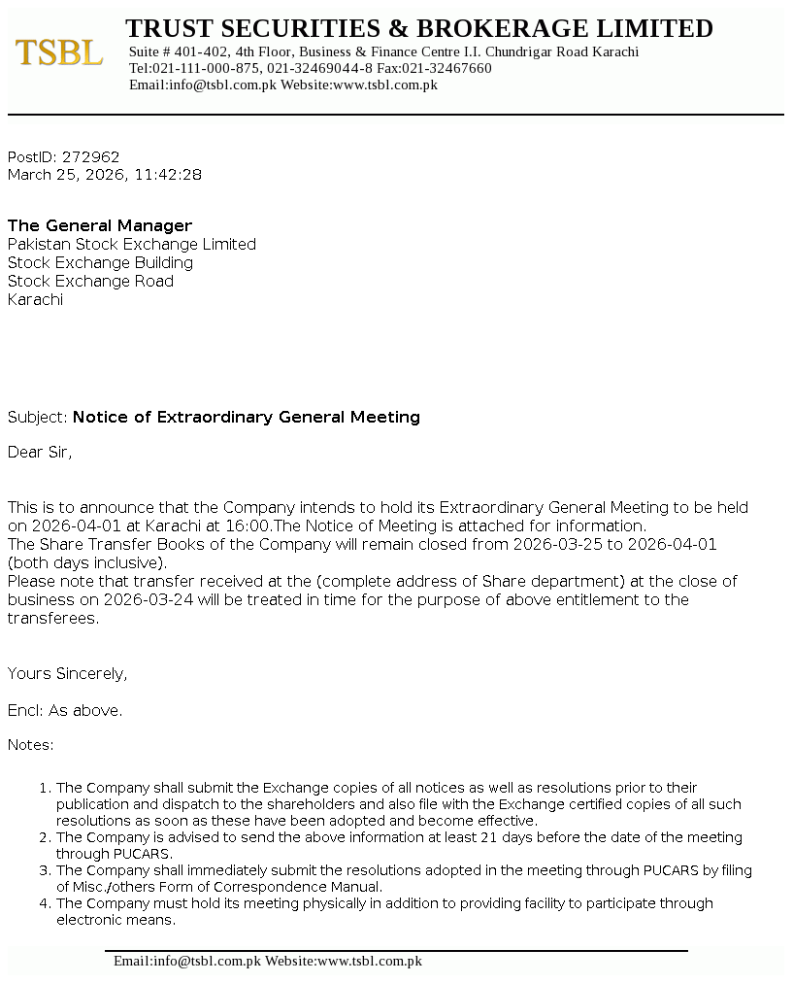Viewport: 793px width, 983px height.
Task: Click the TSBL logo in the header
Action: (59, 52)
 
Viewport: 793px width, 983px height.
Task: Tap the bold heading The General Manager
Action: (100, 226)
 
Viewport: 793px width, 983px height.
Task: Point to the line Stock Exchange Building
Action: (100, 263)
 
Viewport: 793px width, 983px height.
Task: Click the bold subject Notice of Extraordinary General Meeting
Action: (247, 418)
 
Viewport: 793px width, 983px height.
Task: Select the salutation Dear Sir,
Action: (40, 453)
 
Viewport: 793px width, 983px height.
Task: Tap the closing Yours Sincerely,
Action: (68, 674)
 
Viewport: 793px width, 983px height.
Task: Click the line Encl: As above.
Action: (65, 711)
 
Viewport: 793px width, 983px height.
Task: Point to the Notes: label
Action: (31, 746)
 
